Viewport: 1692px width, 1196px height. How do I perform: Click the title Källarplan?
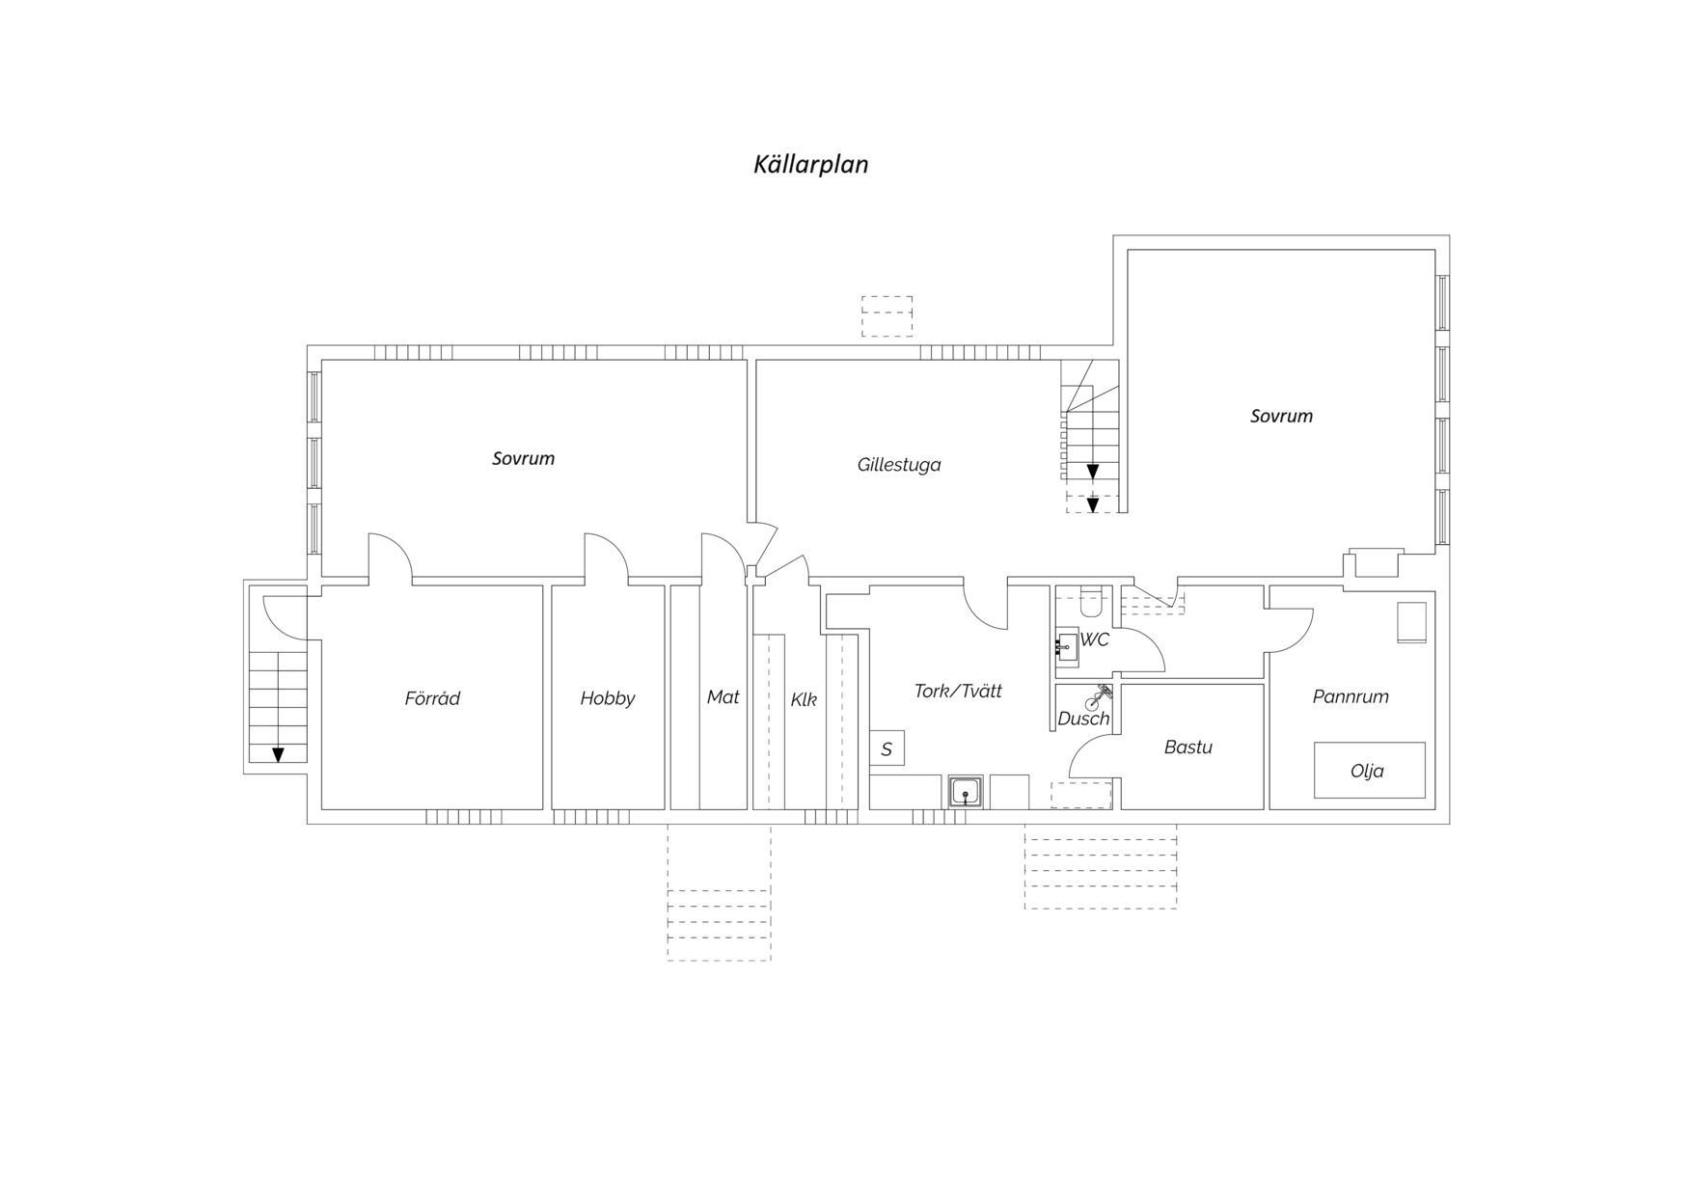(810, 164)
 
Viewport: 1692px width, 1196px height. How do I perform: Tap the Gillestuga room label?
(899, 465)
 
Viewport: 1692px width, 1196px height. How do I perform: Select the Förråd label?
(432, 697)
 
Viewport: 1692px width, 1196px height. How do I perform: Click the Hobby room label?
(608, 698)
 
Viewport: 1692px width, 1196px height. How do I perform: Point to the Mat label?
(723, 696)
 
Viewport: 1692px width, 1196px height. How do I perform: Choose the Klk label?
(804, 699)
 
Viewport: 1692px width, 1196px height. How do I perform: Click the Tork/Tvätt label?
(958, 691)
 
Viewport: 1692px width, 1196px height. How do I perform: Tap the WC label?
(1095, 639)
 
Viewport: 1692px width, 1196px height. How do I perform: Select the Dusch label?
(1083, 719)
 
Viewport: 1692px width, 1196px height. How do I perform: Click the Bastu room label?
(1187, 747)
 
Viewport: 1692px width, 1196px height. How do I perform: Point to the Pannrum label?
(1351, 696)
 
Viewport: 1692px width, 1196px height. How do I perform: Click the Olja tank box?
(1369, 770)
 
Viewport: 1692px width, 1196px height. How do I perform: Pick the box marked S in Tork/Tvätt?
(887, 748)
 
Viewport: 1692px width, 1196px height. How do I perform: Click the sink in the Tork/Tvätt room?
(966, 792)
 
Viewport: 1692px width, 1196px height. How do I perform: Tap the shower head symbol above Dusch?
(1099, 696)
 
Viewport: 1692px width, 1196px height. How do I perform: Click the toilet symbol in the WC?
(1091, 603)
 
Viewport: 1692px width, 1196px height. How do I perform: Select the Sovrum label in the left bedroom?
(523, 459)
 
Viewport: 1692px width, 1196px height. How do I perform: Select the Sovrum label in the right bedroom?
(1281, 417)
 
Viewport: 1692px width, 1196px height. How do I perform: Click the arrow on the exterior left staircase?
(278, 754)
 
